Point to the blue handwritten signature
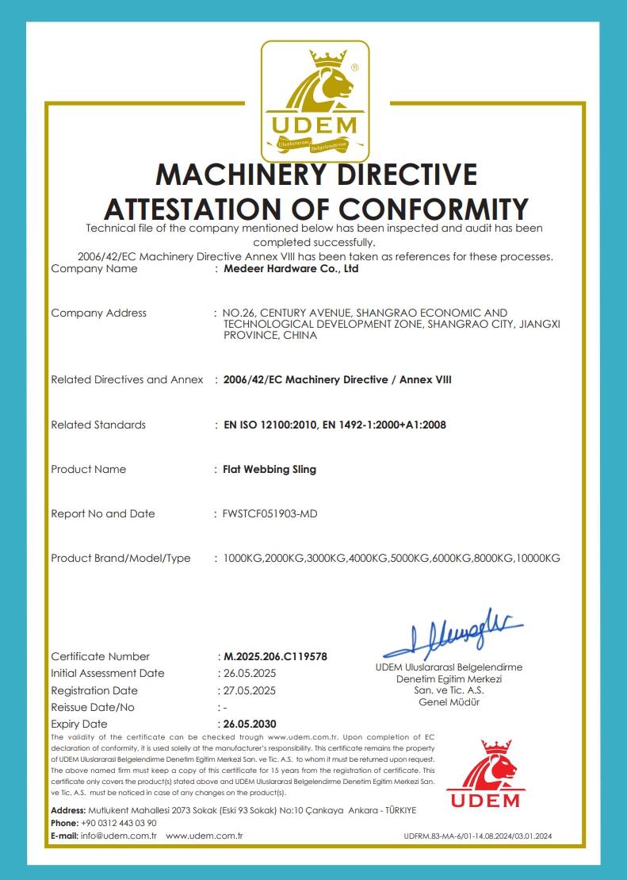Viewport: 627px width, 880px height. point(452,632)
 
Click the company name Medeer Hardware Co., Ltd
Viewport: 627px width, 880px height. point(291,269)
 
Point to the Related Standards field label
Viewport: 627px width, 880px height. point(98,425)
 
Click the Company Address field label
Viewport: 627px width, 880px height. point(98,313)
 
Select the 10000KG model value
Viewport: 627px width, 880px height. point(538,559)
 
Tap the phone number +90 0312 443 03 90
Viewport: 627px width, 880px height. point(119,823)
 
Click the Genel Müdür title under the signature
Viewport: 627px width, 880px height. point(449,701)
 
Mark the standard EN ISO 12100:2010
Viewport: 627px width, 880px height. point(270,425)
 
